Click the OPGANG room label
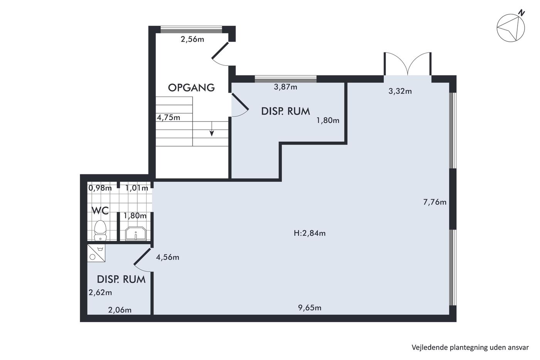(x=191, y=88)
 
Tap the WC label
(x=100, y=211)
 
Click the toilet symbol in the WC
(x=100, y=230)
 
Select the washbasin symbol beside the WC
(x=136, y=233)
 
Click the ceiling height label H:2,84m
(x=309, y=233)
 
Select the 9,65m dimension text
(x=309, y=308)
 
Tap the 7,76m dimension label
(x=435, y=202)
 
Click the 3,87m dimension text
(x=285, y=87)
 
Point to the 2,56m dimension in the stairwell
(x=192, y=39)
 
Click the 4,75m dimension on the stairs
(x=169, y=117)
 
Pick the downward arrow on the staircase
(x=212, y=129)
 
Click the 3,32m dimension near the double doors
(x=400, y=91)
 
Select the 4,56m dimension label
(x=167, y=257)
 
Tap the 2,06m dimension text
(x=120, y=310)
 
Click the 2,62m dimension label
(x=100, y=292)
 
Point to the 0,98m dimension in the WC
(x=100, y=188)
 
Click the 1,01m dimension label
(x=137, y=188)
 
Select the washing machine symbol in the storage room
(x=96, y=253)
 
